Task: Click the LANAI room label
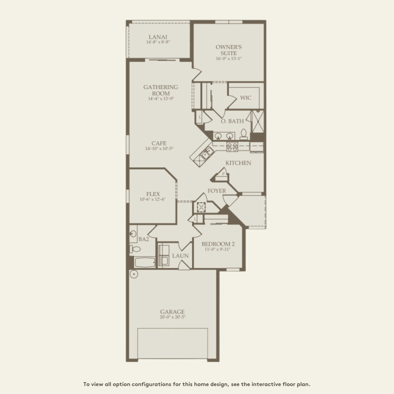(158, 37)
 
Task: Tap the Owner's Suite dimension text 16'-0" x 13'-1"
(229, 59)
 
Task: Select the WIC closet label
(246, 98)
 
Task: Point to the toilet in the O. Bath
(244, 134)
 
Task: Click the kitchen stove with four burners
(232, 147)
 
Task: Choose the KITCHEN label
(238, 163)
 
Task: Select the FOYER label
(217, 191)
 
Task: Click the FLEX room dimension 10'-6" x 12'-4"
(153, 199)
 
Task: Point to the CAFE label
(159, 143)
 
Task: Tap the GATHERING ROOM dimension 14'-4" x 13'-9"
(161, 99)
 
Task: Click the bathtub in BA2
(145, 262)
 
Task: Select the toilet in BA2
(135, 249)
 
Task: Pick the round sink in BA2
(133, 234)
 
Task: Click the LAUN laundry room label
(180, 256)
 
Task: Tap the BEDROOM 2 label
(218, 244)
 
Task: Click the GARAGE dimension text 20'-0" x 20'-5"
(172, 317)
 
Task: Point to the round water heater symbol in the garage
(134, 274)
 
